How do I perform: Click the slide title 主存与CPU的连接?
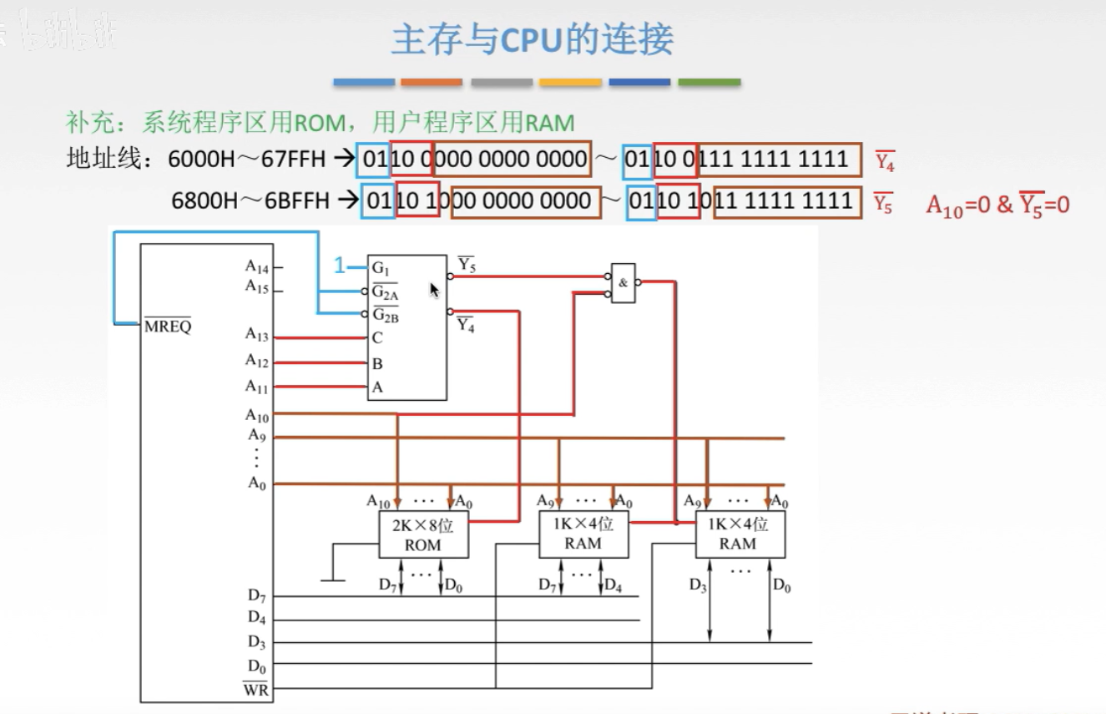(x=532, y=39)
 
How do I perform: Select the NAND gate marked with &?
(x=623, y=283)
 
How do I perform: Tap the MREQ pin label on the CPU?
(x=168, y=327)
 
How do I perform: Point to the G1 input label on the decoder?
(x=381, y=268)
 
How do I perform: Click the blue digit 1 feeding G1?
(x=340, y=266)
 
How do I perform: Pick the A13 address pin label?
(x=256, y=336)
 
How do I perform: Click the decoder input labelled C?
(x=378, y=338)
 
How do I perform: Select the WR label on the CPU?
(x=255, y=690)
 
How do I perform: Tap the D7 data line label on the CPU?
(x=256, y=595)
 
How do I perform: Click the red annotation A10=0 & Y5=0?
(x=997, y=205)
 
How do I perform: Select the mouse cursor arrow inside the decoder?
(x=434, y=289)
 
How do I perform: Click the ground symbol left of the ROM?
(x=333, y=579)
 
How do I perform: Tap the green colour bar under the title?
(x=709, y=83)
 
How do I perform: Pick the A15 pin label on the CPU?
(x=256, y=286)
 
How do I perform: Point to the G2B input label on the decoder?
(x=385, y=316)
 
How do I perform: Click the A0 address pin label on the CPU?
(x=256, y=483)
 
